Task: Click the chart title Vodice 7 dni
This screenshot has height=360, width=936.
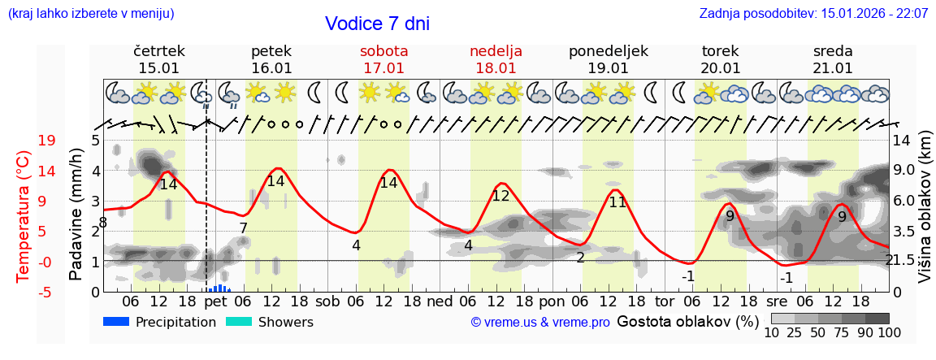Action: pyautogui.click(x=377, y=24)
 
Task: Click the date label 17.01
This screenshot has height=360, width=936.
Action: pyautogui.click(x=383, y=68)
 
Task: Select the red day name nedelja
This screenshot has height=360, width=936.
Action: pyautogui.click(x=496, y=51)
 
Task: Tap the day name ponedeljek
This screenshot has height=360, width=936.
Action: pyautogui.click(x=609, y=51)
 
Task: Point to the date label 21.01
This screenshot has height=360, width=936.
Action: pyautogui.click(x=833, y=68)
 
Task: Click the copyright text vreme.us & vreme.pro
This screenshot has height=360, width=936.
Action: pyautogui.click(x=539, y=323)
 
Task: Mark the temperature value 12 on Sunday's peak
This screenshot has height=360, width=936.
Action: pyautogui.click(x=500, y=196)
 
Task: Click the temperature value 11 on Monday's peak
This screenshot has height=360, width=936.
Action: pyautogui.click(x=617, y=202)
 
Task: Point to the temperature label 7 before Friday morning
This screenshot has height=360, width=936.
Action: pyautogui.click(x=243, y=228)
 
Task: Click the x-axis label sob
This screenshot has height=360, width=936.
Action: pyautogui.click(x=328, y=301)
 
